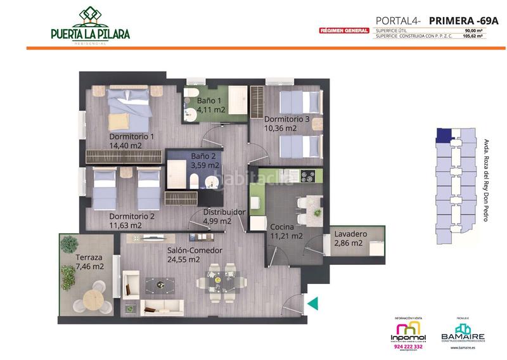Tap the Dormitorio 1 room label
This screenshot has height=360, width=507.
132,136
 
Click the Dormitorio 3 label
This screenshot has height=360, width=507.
286,119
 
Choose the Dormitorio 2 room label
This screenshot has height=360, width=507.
132,215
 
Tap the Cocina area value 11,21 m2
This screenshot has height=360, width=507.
286,236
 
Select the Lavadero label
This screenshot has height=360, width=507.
348,233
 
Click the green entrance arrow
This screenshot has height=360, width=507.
312,304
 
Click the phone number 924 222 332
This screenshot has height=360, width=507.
407,347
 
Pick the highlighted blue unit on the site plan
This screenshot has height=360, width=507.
444,134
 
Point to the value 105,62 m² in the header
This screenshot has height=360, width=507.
473,36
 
